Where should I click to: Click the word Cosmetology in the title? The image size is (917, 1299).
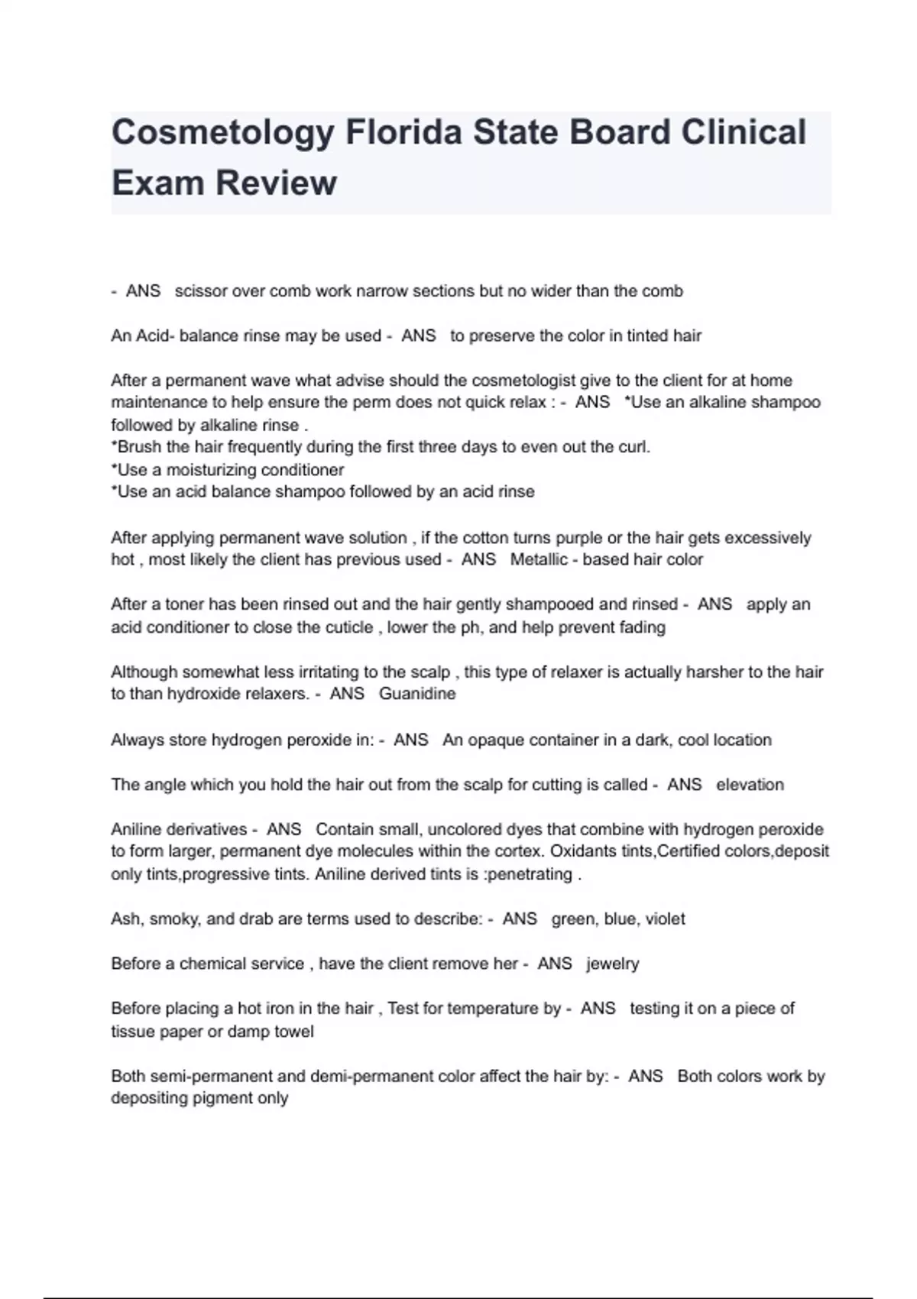(x=222, y=133)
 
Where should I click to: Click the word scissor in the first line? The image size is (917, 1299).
(x=200, y=291)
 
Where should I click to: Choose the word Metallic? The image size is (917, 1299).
(x=539, y=560)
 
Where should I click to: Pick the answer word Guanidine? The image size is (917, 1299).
(x=417, y=694)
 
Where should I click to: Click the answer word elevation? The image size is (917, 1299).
(x=750, y=785)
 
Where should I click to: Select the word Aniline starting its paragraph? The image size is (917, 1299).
(x=138, y=829)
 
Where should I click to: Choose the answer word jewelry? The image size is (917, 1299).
(x=613, y=964)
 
